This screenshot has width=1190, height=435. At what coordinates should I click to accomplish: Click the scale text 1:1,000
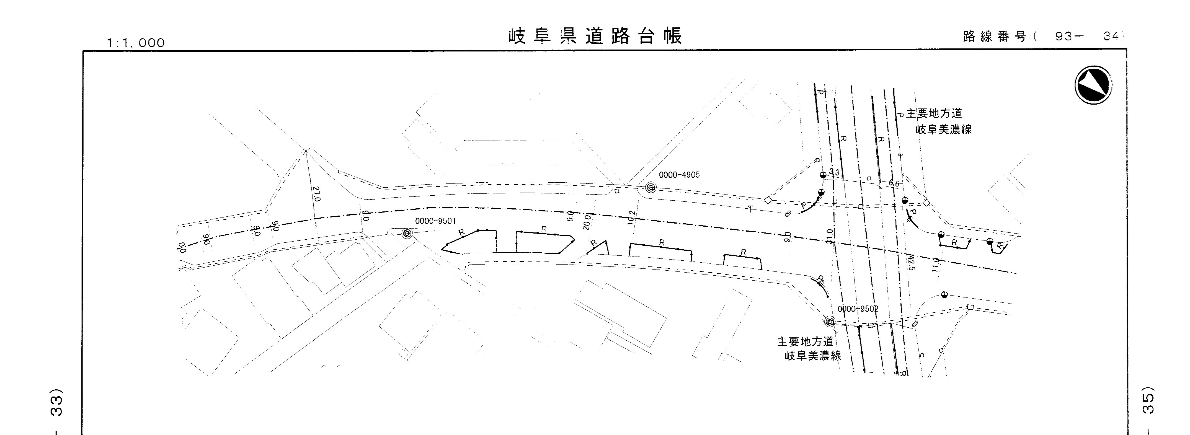(x=136, y=43)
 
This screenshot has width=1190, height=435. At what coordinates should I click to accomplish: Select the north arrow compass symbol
(x=1093, y=85)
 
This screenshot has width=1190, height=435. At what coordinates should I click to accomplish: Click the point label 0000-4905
(x=679, y=175)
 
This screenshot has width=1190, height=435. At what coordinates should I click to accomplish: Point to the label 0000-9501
(x=435, y=221)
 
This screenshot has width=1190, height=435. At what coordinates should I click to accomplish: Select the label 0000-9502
(x=858, y=309)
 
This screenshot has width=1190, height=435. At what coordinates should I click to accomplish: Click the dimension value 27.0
(x=316, y=194)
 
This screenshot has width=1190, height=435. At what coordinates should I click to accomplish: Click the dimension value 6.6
(x=894, y=183)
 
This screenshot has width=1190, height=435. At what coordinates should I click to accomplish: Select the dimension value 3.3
(x=834, y=172)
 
